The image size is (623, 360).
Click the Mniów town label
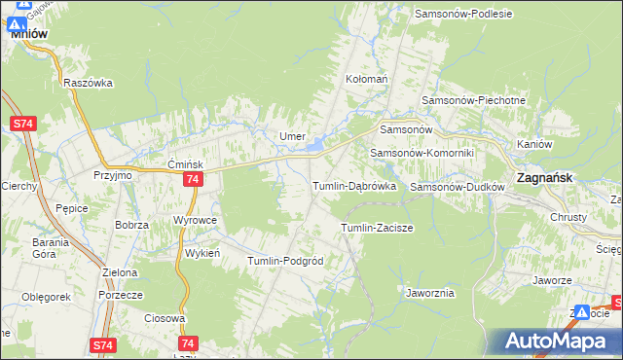pos(29,31)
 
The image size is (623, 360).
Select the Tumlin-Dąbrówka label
pos(353,186)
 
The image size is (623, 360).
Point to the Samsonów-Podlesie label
pos(462,14)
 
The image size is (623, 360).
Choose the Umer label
pos(293,136)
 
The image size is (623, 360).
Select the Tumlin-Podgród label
pos(285,261)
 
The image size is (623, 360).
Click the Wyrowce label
pos(195,220)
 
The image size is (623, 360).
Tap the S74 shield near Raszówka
pos(24,124)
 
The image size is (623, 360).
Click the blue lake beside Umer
pos(317,148)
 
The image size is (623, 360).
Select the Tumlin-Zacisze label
pos(377,228)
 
